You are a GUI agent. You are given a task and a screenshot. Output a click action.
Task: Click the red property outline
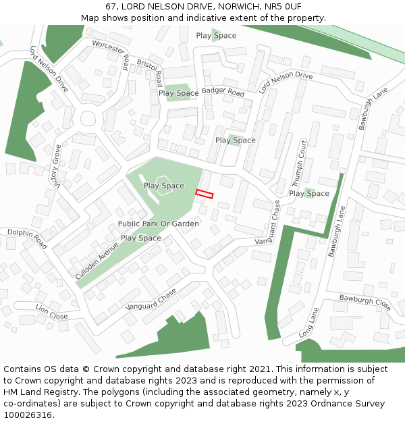[204, 194]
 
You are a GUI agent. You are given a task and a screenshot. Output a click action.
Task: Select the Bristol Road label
[151, 72]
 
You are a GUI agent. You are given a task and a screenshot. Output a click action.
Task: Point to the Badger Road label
[223, 92]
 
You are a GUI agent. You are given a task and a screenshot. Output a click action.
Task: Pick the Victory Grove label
[57, 166]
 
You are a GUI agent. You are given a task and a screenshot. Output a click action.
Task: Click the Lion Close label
[51, 312]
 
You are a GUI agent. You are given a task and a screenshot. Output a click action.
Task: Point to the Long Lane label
[308, 323]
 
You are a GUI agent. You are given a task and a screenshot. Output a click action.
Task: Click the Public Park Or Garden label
[159, 223]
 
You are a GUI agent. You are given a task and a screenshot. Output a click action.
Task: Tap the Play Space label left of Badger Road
[178, 93]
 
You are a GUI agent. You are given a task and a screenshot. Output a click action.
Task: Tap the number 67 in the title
[111, 6]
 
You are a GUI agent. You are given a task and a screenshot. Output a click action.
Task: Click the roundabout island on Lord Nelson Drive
[88, 119]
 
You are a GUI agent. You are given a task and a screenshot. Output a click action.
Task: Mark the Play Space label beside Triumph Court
[309, 193]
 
